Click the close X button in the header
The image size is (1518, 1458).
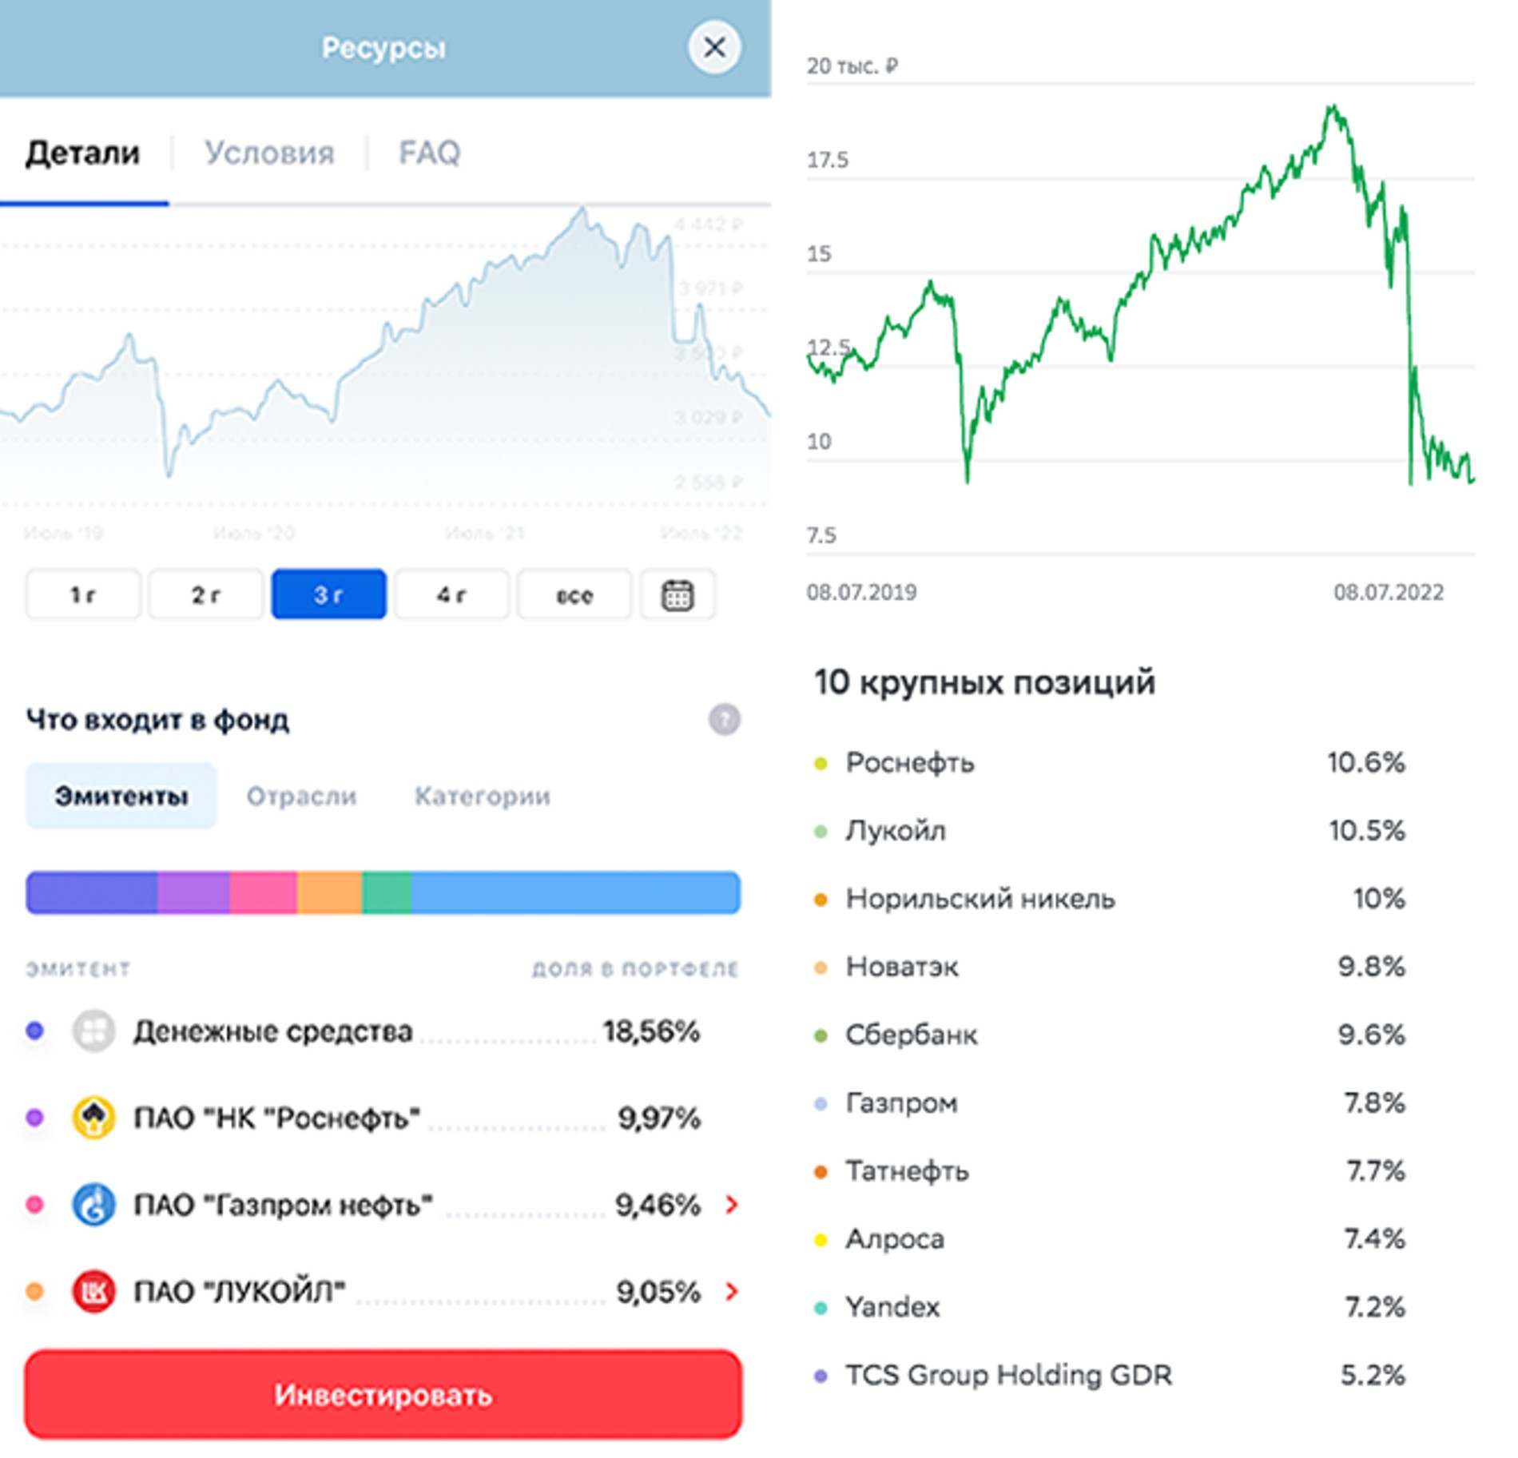click(x=713, y=47)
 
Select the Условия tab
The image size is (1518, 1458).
click(x=269, y=153)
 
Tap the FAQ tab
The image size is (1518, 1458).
click(x=429, y=153)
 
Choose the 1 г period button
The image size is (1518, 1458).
click(x=83, y=594)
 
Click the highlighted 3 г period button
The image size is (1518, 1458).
click(x=328, y=594)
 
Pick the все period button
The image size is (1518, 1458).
click(x=574, y=594)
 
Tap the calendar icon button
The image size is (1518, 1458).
click(x=678, y=594)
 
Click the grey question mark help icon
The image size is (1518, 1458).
click(x=724, y=719)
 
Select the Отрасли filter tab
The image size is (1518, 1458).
click(x=301, y=796)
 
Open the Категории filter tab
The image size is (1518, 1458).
click(x=482, y=796)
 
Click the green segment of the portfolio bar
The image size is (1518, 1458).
click(x=387, y=892)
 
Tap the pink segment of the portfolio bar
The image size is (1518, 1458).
click(x=263, y=892)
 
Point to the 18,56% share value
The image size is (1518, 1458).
click(x=651, y=1031)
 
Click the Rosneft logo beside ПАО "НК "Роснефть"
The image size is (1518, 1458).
click(x=93, y=1118)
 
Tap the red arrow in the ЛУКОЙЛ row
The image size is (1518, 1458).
click(x=731, y=1291)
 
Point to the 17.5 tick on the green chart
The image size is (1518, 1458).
click(x=827, y=160)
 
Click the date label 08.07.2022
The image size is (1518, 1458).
click(x=1388, y=592)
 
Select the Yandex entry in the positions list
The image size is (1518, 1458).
click(x=892, y=1307)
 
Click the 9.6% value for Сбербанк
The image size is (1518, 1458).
click(x=1371, y=1035)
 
